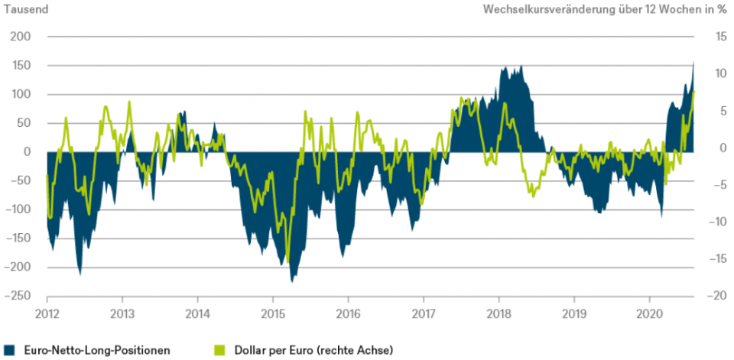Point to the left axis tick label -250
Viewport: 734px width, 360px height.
pyautogui.click(x=19, y=296)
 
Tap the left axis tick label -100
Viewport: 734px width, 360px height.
pyautogui.click(x=19, y=209)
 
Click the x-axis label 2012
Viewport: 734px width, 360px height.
pyautogui.click(x=47, y=313)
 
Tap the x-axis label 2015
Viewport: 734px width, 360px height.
pyautogui.click(x=273, y=313)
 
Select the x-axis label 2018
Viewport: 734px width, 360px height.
pyautogui.click(x=499, y=313)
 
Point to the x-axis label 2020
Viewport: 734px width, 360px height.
pyautogui.click(x=650, y=313)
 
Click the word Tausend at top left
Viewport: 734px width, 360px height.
pyautogui.click(x=25, y=10)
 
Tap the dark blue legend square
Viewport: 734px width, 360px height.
pyautogui.click(x=8, y=350)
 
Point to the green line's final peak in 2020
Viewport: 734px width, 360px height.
pyautogui.click(x=693, y=91)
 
